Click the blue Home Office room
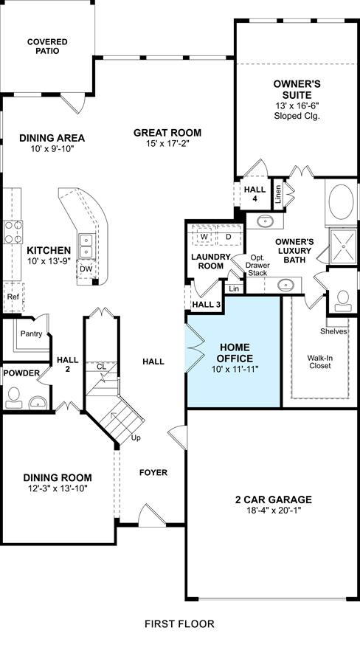[x=234, y=351]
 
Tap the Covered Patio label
[x=47, y=46]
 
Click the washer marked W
[x=204, y=236]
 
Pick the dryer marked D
[x=229, y=236]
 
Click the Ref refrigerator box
[x=13, y=297]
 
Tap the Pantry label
[x=31, y=333]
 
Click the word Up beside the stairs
[x=136, y=438]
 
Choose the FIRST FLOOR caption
[x=179, y=623]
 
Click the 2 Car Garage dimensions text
[x=273, y=511]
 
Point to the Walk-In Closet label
[x=319, y=362]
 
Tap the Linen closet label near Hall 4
[x=278, y=195]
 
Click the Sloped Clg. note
[x=297, y=116]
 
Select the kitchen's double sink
[x=86, y=246]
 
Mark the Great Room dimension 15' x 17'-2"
[x=167, y=144]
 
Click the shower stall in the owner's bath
[x=343, y=246]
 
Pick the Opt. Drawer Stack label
[x=257, y=265]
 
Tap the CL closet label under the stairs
[x=101, y=367]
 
